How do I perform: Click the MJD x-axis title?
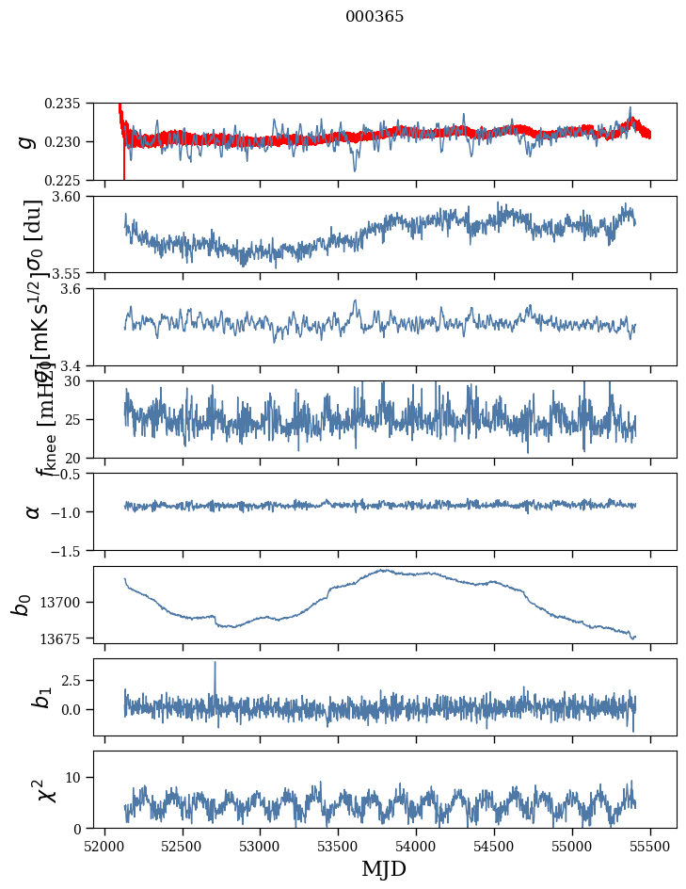[x=384, y=868]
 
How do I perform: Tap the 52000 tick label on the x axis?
[x=104, y=845]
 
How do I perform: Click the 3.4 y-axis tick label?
[x=75, y=365]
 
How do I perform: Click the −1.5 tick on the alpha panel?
[x=69, y=550]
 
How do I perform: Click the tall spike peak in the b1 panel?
[x=215, y=662]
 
